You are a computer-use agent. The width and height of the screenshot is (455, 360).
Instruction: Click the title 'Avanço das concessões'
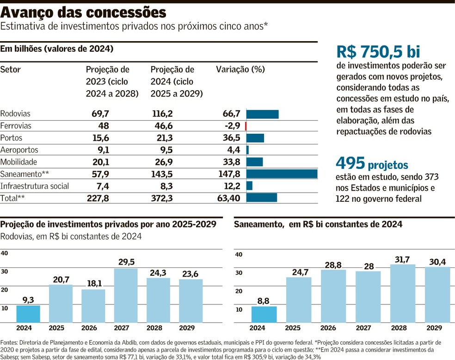pos(83,11)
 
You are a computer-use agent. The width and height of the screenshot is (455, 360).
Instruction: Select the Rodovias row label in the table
pos(15,114)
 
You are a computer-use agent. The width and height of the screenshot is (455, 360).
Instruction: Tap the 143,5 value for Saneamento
pos(163,174)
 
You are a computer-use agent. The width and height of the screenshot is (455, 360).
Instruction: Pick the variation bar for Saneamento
pos(282,174)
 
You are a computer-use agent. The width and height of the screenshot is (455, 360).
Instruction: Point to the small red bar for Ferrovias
pos(246,126)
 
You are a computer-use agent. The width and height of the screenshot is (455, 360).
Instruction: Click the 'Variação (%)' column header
pos(240,70)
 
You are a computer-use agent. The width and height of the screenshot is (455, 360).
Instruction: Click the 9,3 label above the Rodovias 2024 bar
pos(28,300)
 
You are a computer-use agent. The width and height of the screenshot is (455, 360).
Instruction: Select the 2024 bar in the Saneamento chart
pos(264,314)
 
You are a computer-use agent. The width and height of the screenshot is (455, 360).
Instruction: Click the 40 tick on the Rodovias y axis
pos(4,253)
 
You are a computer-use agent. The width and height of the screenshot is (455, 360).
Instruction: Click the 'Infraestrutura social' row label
pos(35,186)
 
